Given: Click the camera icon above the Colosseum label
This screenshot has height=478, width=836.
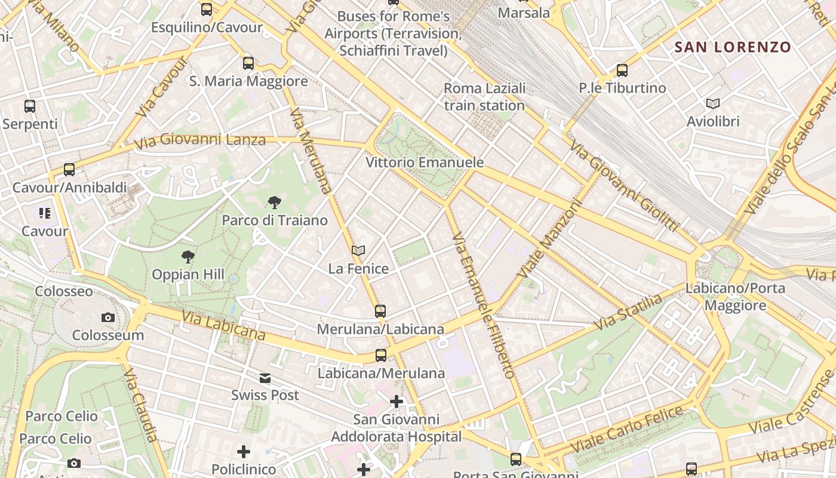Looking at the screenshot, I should click(107, 317).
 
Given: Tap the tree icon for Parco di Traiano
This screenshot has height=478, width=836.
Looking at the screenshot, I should click(275, 203).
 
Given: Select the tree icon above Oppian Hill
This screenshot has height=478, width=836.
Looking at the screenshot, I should click(188, 257).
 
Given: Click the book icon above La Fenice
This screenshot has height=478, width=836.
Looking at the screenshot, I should click(358, 251).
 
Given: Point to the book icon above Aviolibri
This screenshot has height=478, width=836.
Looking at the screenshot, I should click(713, 103).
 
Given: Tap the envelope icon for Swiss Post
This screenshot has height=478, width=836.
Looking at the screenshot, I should click(265, 378).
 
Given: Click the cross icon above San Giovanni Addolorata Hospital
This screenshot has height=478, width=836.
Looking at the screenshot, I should click(397, 402).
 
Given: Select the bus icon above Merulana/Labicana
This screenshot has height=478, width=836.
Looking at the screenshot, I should click(380, 311).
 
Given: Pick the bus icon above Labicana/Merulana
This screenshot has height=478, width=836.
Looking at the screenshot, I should click(381, 356).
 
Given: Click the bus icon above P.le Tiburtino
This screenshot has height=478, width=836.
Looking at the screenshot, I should click(622, 70).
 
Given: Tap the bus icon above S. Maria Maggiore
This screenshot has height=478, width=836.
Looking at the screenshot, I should click(248, 63).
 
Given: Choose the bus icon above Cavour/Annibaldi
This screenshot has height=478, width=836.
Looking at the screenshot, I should click(69, 169).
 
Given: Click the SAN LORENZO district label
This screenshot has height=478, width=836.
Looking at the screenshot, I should click(733, 47).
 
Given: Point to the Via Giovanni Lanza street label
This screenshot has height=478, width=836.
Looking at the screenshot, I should click(199, 142).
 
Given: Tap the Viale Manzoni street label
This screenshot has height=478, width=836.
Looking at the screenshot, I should click(550, 238).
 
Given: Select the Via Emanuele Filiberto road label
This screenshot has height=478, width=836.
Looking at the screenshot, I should click(484, 305).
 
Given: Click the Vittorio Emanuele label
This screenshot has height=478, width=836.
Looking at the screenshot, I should click(425, 163).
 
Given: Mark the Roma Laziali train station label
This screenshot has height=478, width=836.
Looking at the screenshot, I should click(484, 97).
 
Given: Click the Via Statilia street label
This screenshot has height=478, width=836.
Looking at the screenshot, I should click(629, 312).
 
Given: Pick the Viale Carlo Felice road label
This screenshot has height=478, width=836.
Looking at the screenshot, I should click(627, 428).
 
